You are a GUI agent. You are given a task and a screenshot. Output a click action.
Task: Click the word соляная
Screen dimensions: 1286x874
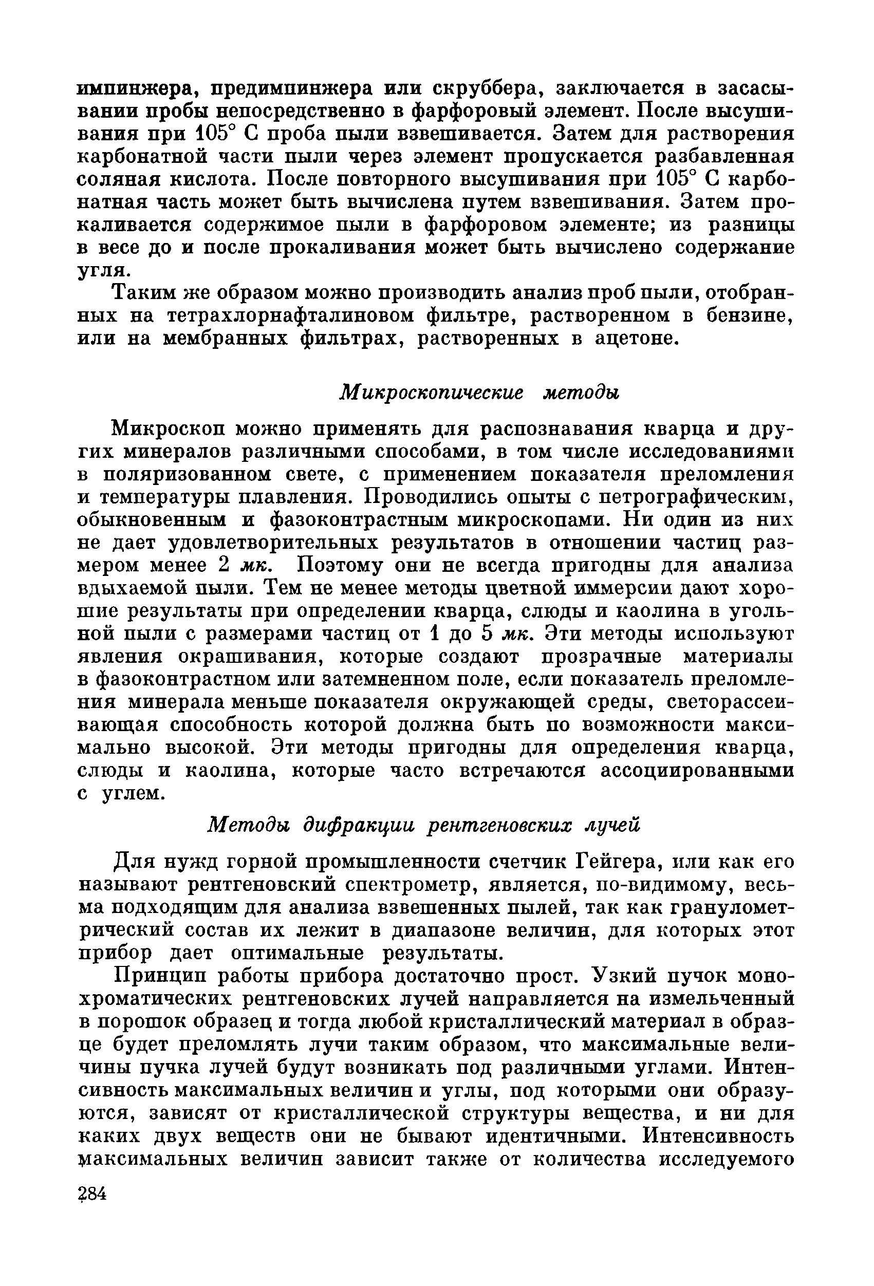[124, 179]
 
